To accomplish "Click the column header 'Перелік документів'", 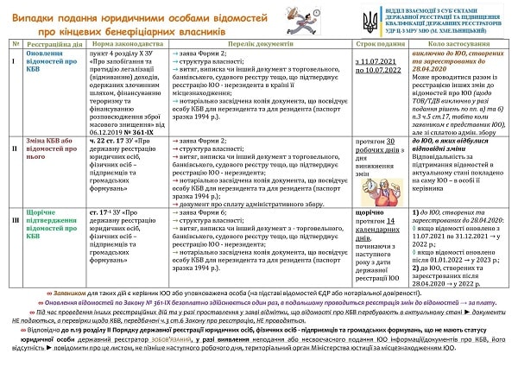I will tap(260, 43).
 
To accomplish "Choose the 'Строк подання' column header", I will tap(382, 43).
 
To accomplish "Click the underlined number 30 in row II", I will tap(390, 140).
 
